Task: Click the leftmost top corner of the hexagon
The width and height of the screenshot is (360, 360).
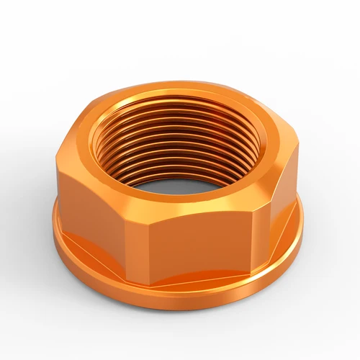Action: [x=56, y=153]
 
